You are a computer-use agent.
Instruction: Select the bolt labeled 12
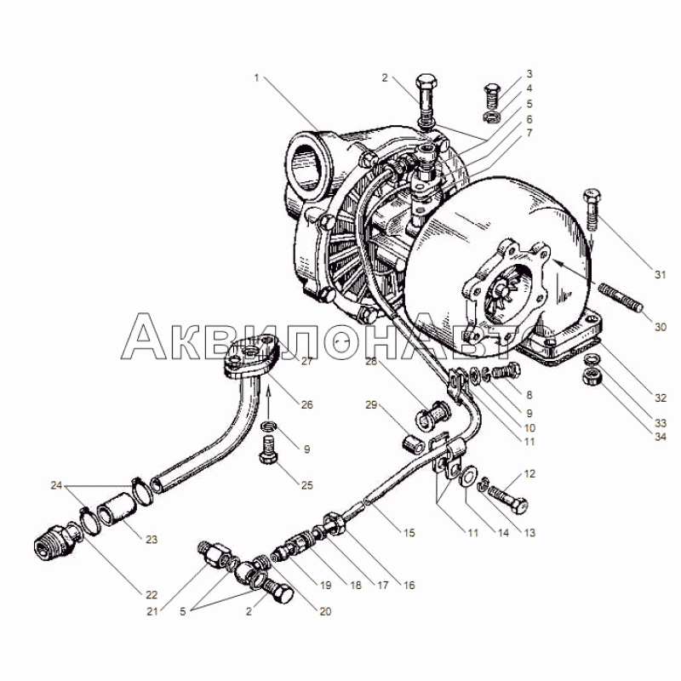click(508, 501)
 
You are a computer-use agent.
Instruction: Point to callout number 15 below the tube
click(409, 533)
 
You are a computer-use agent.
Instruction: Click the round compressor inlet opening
click(310, 161)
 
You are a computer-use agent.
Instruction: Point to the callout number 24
click(56, 486)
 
